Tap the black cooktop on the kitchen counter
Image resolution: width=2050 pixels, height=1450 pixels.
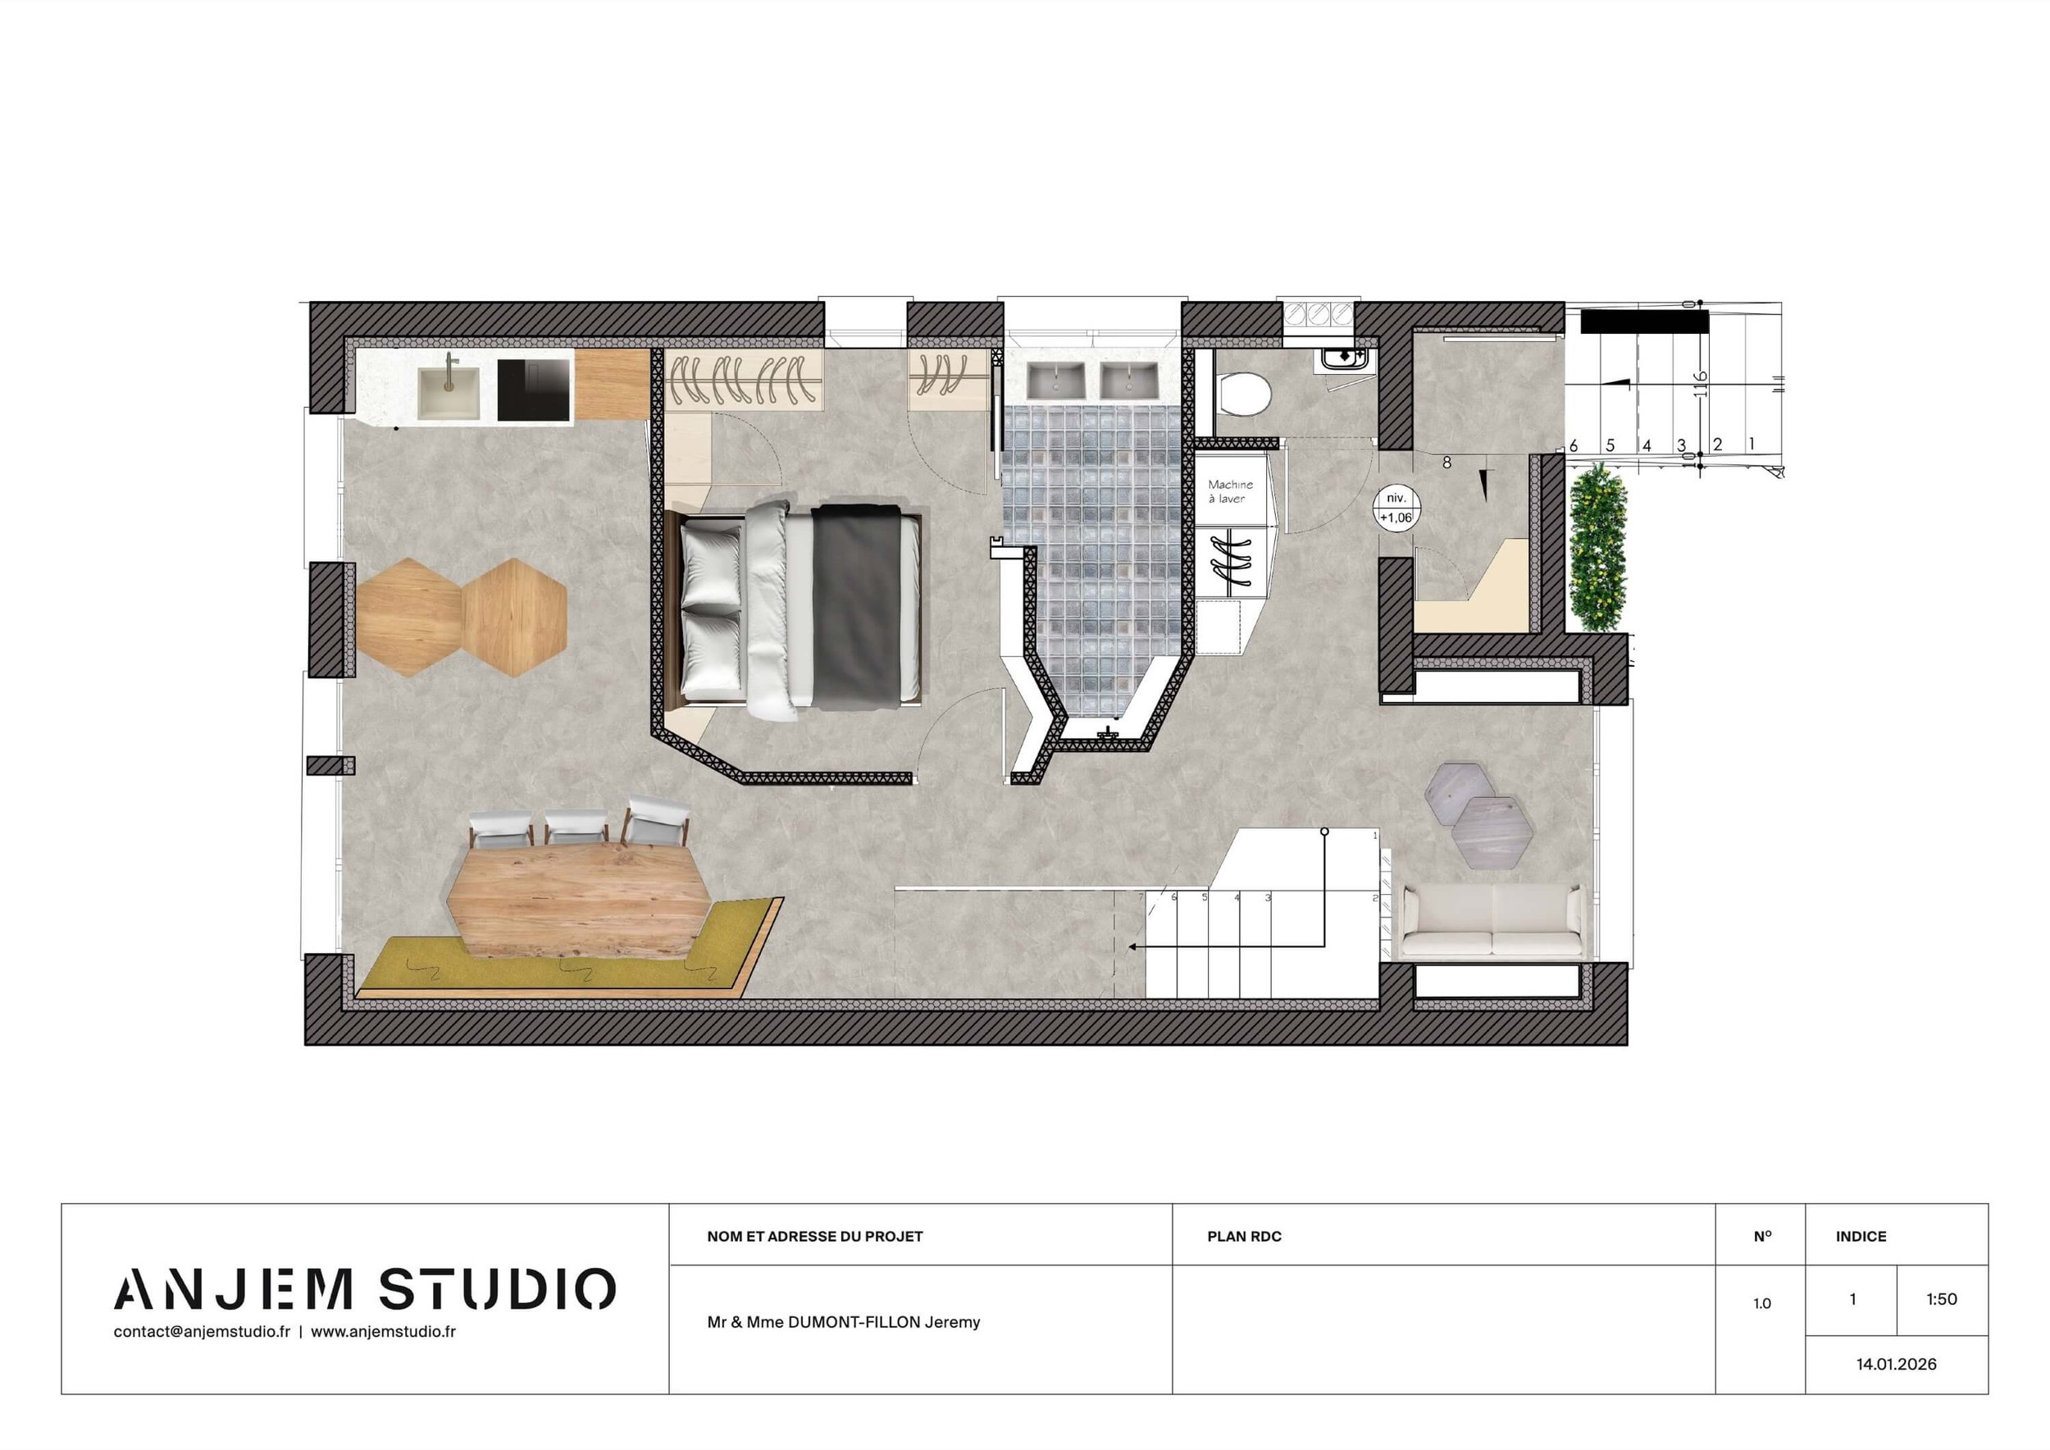[x=534, y=390]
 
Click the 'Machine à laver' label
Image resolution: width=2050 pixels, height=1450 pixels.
[x=1230, y=492]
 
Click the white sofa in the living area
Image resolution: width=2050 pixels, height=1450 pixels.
[x=1491, y=923]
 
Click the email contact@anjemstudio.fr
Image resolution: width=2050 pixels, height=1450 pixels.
[x=202, y=1331]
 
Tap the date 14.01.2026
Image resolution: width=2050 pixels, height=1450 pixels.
[x=1897, y=1364]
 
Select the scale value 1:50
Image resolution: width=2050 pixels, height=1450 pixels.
[x=1941, y=1299]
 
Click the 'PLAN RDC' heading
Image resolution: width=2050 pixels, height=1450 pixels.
[x=1244, y=1237]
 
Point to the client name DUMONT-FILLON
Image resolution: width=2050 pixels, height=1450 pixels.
[x=854, y=1322]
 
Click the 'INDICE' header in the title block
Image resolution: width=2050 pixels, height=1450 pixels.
[x=1861, y=1237]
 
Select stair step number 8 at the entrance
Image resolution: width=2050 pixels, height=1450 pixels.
[x=1446, y=463]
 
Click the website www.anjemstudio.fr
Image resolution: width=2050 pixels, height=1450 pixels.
[x=383, y=1331]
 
